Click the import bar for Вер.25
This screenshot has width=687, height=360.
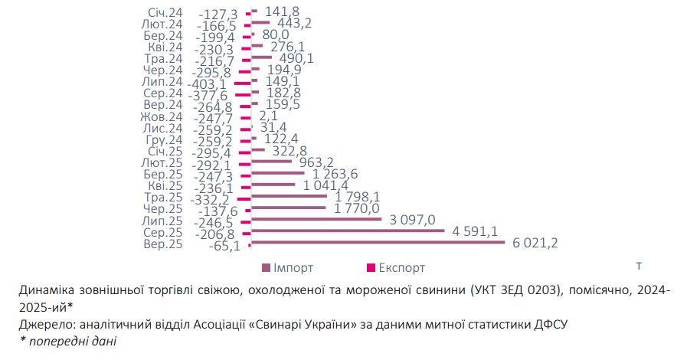[x=378, y=243]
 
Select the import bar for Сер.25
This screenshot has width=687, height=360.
[x=348, y=231]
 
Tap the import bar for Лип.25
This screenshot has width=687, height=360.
[x=316, y=219]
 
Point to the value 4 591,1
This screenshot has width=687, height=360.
[x=477, y=231]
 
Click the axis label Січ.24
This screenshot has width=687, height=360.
[x=164, y=11]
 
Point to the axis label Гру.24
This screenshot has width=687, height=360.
[x=163, y=139]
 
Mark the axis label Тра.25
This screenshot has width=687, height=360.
[x=164, y=197]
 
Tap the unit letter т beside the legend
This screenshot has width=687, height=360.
[x=638, y=267]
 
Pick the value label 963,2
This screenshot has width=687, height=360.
[x=316, y=162]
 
